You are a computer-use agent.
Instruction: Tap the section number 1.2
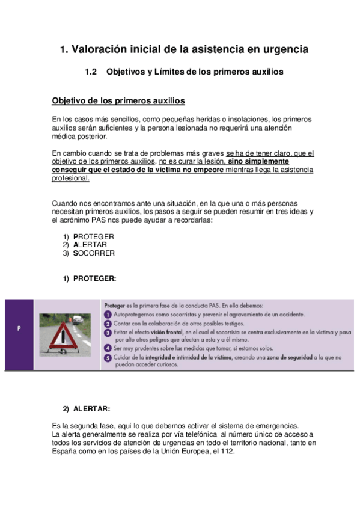[91, 72]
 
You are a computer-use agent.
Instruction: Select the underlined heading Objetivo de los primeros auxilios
[118, 100]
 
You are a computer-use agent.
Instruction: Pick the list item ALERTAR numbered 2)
[90, 245]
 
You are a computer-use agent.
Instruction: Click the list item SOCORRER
[94, 253]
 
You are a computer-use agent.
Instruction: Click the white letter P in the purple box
[19, 328]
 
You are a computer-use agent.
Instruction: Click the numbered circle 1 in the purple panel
[107, 314]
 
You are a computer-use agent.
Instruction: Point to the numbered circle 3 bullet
[107, 332]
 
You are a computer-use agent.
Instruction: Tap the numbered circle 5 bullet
[107, 357]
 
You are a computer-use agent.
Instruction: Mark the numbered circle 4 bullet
[107, 348]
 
